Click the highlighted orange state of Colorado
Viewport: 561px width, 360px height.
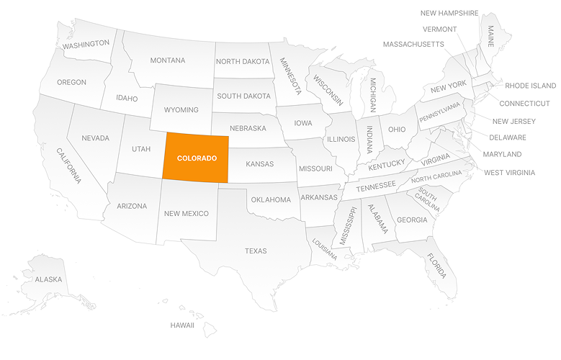pos(196,158)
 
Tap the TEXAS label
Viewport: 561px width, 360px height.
pos(256,251)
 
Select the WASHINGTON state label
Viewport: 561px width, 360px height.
pos(86,45)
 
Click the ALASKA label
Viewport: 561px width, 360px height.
pos(48,279)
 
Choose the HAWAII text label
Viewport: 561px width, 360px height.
pos(182,325)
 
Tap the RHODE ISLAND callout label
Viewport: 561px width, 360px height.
pos(530,86)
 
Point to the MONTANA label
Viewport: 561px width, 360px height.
pos(167,60)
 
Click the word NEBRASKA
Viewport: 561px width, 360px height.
pos(248,128)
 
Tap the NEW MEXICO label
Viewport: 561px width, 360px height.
pos(186,213)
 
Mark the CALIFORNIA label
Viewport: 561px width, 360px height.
pos(70,165)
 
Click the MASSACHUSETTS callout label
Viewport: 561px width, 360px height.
pos(413,45)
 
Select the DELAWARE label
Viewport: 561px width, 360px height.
pos(508,138)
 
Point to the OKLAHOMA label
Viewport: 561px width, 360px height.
pos(270,199)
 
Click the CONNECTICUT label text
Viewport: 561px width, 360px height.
pos(524,103)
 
